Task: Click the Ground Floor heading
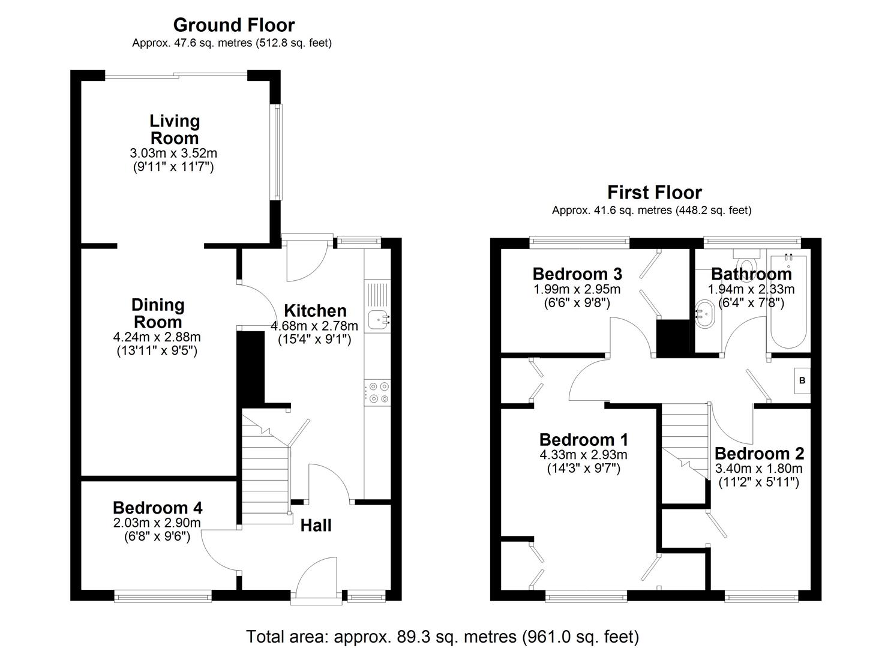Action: coord(233,25)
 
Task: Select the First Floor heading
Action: coord(654,193)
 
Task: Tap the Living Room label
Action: coord(174,129)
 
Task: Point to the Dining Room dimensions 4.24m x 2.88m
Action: coord(157,337)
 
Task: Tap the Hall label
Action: coord(316,526)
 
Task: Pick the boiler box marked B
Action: coord(802,381)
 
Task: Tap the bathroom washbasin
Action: coord(705,314)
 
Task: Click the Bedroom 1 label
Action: coord(583,440)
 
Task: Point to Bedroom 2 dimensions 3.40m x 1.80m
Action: coord(758,469)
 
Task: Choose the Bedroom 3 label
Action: coord(577,274)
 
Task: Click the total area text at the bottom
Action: coord(442,636)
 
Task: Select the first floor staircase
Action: coord(685,438)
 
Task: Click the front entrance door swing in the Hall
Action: coord(318,576)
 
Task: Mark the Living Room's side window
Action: coord(277,152)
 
